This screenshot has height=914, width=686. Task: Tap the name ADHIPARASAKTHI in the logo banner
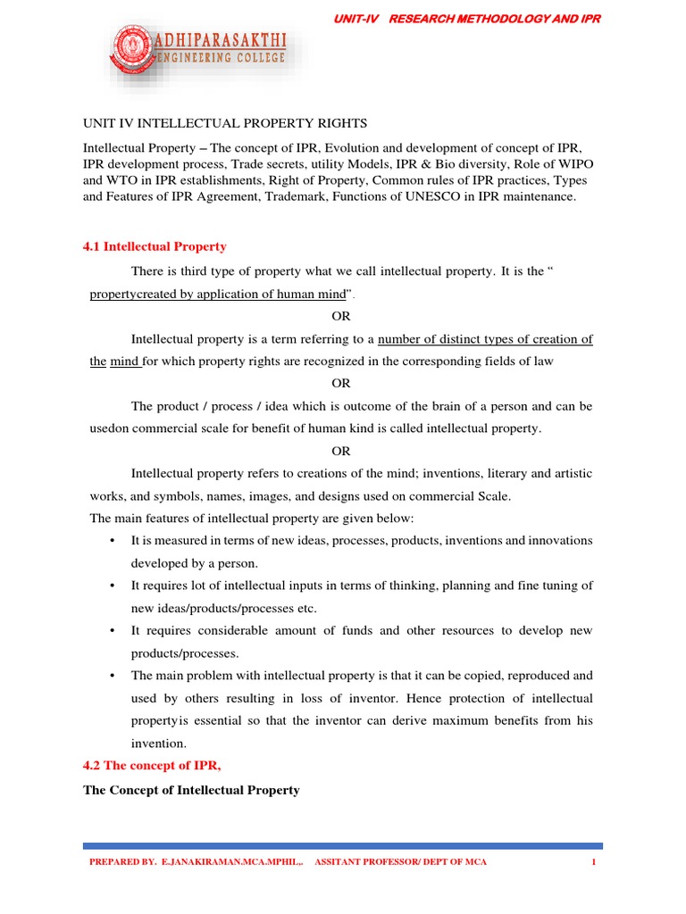click(x=224, y=41)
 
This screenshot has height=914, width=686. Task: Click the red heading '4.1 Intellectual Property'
click(x=155, y=246)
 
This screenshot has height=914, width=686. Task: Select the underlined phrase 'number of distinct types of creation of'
click(x=485, y=338)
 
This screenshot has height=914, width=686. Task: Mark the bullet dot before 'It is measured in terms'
click(x=112, y=541)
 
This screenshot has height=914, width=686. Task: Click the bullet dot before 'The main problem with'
click(x=112, y=676)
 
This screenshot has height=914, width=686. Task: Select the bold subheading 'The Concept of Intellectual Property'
click(x=191, y=790)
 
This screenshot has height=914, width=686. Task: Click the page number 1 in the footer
click(x=592, y=862)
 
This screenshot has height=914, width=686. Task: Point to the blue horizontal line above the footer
click(x=342, y=845)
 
